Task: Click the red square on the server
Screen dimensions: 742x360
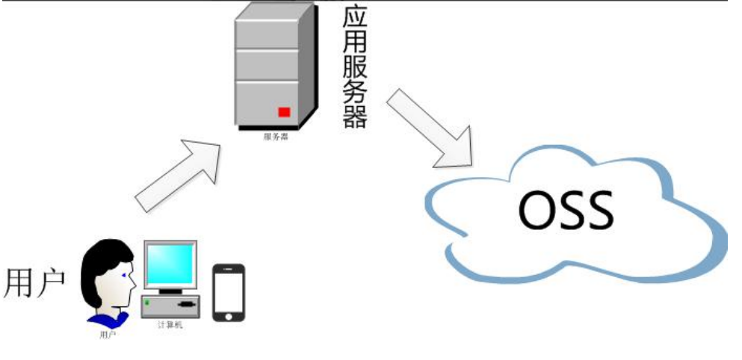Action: pos(284,112)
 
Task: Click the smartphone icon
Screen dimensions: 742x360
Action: pos(229,292)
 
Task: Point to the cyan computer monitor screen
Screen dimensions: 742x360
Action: pos(170,265)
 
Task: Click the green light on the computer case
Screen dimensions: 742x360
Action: pos(148,302)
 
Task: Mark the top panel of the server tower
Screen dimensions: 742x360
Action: pos(267,34)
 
